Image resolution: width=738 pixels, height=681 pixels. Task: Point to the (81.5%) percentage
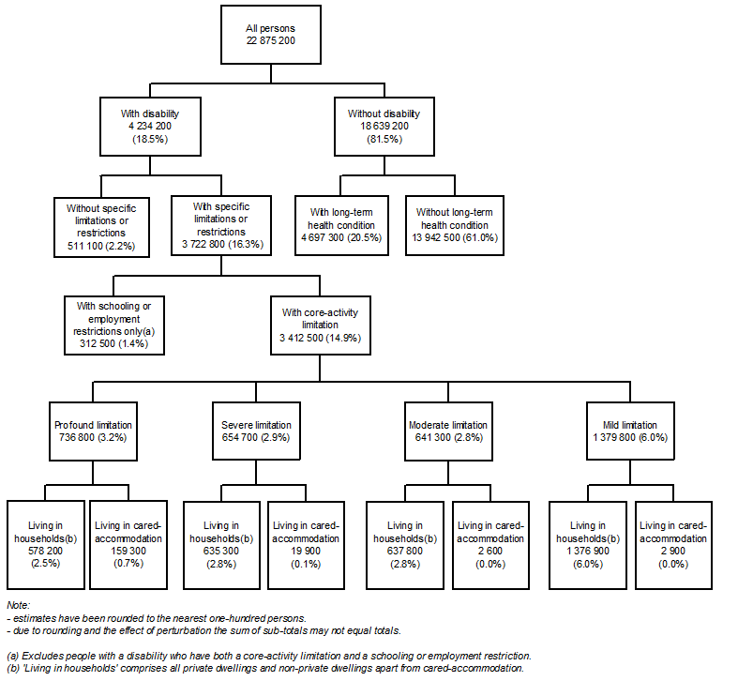pos(384,139)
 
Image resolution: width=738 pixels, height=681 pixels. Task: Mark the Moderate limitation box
pos(449,431)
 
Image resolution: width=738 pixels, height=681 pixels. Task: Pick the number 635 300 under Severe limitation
pos(223,552)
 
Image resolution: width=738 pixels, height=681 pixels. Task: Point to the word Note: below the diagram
pos(19,607)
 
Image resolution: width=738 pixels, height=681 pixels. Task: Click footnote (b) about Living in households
pos(264,669)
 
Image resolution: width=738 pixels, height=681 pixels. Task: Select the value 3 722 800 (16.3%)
pos(221,244)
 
